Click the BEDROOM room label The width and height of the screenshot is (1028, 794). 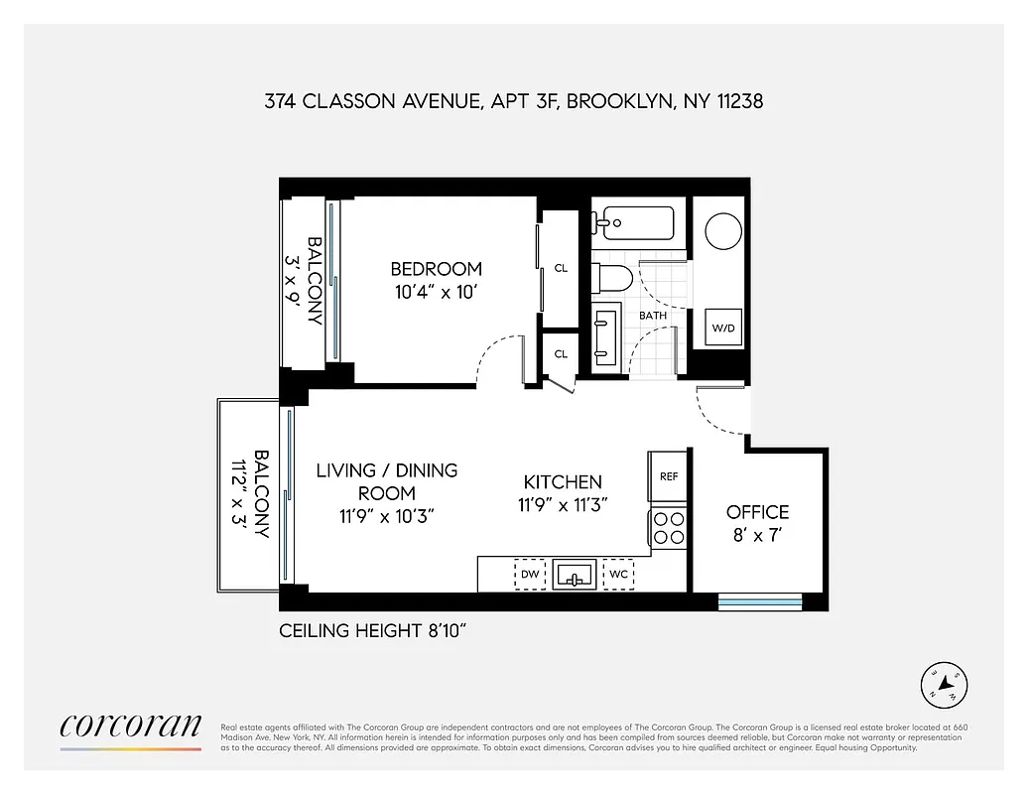tap(436, 268)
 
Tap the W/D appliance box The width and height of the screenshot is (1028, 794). tap(723, 328)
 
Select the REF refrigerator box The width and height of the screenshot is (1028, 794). tap(669, 476)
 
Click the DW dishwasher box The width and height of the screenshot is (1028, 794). tap(530, 575)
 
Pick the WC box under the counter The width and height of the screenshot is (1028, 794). tap(617, 575)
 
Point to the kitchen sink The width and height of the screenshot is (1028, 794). tap(574, 575)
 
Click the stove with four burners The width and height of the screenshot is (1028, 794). tap(669, 526)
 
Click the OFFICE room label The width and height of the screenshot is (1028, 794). tap(757, 512)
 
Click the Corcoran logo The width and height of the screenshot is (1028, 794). tap(131, 728)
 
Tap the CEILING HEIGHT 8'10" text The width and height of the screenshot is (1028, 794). tap(372, 631)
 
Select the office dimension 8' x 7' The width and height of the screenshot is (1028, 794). tap(757, 537)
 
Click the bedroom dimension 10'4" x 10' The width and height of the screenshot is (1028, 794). tap(436, 292)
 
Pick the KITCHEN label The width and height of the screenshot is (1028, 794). tap(563, 481)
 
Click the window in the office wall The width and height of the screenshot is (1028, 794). tap(759, 600)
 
